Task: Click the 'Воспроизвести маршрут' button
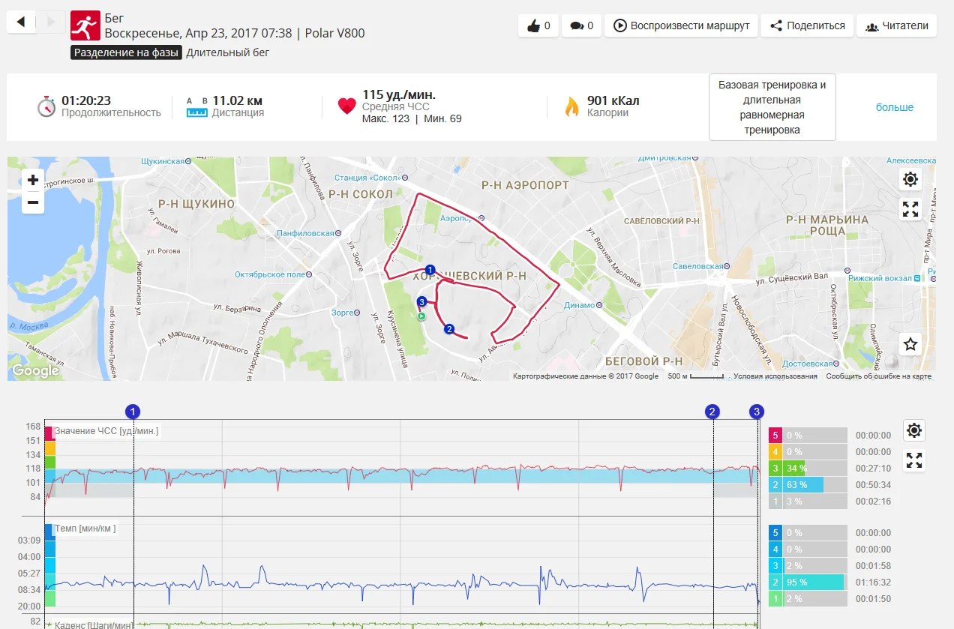click(682, 25)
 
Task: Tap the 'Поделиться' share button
click(806, 25)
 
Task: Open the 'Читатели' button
click(897, 25)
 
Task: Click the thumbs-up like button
click(538, 25)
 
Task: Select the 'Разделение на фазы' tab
click(126, 52)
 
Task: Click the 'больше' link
click(895, 107)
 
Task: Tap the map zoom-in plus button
click(33, 180)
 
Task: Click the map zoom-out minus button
click(33, 202)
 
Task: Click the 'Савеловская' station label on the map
click(697, 266)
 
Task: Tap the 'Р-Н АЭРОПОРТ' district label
click(525, 184)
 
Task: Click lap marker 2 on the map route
click(449, 328)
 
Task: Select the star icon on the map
click(910, 344)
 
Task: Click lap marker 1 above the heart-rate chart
click(133, 411)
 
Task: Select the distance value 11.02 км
click(237, 100)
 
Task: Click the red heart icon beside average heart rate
click(346, 106)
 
